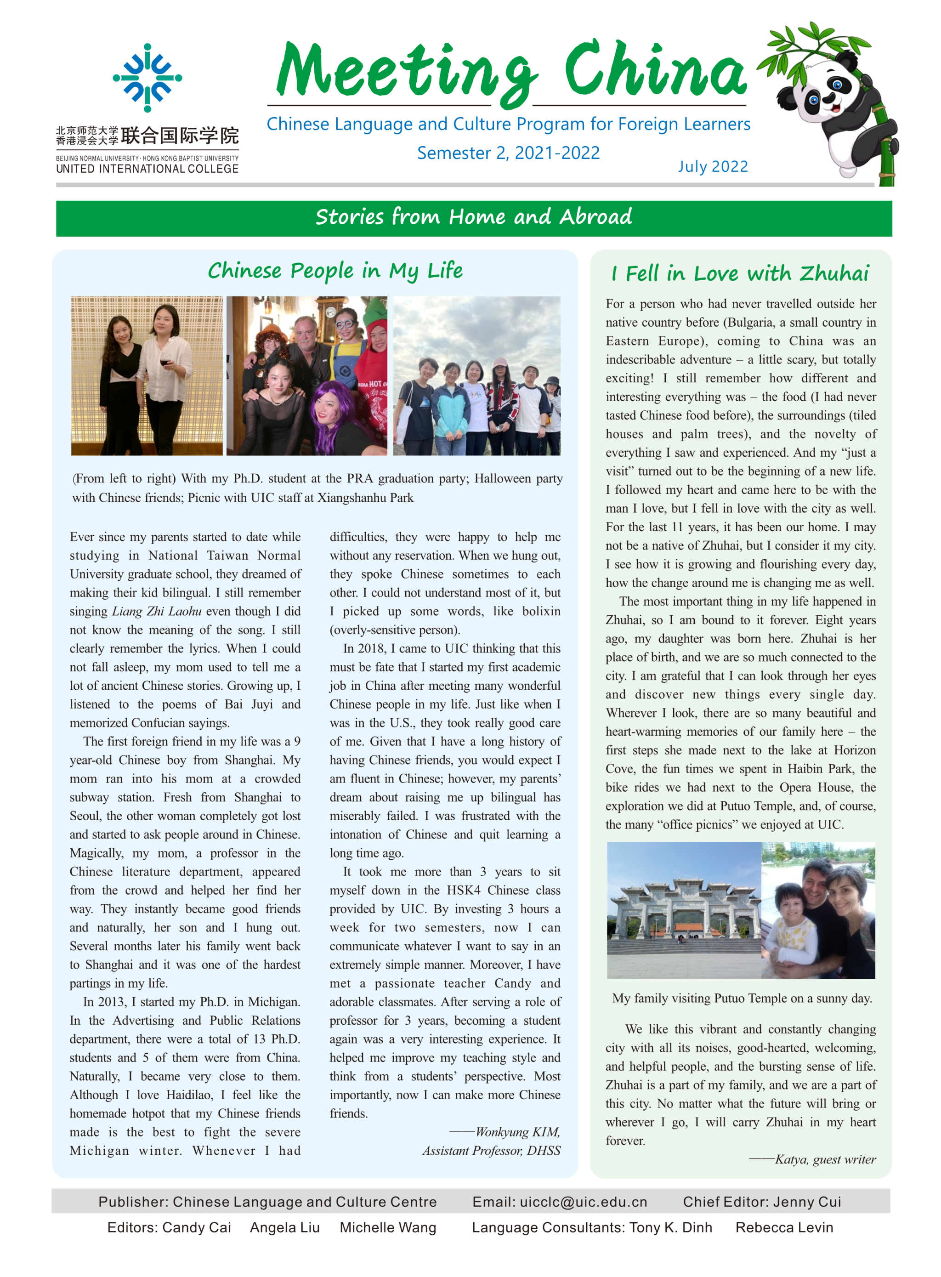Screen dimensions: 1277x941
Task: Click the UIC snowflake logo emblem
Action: click(x=147, y=78)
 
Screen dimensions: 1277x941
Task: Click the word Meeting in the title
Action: click(x=406, y=71)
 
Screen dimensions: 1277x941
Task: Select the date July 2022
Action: click(x=713, y=166)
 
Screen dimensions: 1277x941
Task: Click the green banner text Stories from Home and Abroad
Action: click(x=473, y=217)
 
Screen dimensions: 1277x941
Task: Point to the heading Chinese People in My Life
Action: click(x=335, y=271)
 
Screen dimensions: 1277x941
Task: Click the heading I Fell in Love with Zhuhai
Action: click(x=740, y=274)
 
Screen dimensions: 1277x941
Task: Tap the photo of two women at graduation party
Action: click(x=147, y=375)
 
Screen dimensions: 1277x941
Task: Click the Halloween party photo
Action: click(x=306, y=375)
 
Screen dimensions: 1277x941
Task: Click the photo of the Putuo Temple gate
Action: click(x=684, y=910)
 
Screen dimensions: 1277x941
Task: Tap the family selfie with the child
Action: click(x=818, y=910)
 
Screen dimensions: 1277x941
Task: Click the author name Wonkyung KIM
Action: click(x=517, y=1132)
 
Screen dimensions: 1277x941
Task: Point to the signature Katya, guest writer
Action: click(x=825, y=1159)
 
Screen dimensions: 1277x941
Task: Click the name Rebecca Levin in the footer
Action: click(x=784, y=1227)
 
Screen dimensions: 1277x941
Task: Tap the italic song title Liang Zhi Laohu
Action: click(x=157, y=611)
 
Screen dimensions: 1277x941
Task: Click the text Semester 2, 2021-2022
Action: click(x=508, y=153)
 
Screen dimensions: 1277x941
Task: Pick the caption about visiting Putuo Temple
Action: click(x=742, y=999)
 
